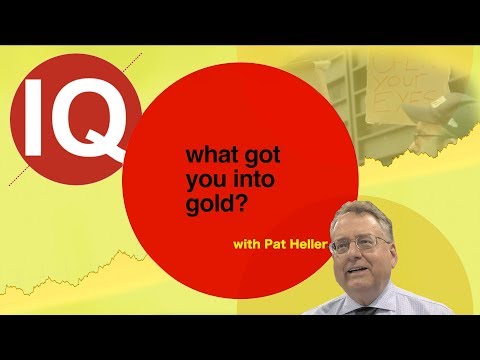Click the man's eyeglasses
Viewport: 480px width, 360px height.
365,244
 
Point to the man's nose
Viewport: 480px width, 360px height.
367,254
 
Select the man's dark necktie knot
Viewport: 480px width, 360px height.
372,309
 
